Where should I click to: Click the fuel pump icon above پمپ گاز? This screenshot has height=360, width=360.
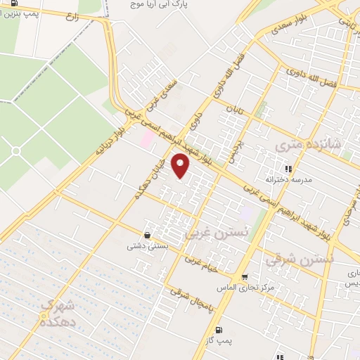(219, 329)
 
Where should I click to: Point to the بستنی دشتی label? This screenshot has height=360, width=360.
(146, 247)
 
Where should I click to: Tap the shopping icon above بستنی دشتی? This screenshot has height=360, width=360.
(147, 235)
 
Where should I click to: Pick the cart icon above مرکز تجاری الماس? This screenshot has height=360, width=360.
(244, 277)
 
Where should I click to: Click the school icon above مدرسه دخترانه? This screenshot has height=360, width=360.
(288, 168)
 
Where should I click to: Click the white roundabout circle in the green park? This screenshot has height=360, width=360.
(15, 150)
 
